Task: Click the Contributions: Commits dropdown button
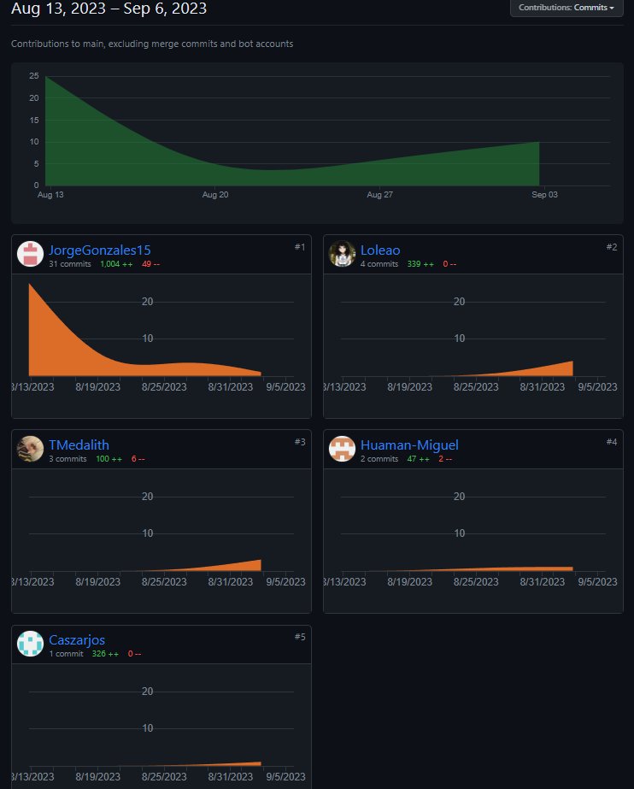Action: point(566,8)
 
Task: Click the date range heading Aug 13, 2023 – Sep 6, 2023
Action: point(109,9)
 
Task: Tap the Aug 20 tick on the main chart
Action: point(215,195)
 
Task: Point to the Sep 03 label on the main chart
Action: point(544,195)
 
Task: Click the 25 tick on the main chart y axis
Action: point(34,76)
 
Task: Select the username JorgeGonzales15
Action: point(100,250)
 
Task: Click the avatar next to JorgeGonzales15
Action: point(31,254)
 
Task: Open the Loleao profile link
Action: point(380,250)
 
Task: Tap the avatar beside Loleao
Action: point(343,254)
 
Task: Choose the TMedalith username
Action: point(79,445)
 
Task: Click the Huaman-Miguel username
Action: point(409,445)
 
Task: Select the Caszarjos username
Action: point(77,639)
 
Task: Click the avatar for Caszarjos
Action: point(31,644)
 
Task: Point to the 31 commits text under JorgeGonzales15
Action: point(69,264)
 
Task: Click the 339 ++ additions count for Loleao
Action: point(420,264)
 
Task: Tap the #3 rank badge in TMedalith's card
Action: point(300,442)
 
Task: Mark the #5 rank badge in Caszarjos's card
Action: point(300,637)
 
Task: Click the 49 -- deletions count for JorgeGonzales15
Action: point(150,264)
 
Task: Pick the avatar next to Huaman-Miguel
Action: point(343,449)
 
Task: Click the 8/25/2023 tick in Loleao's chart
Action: point(475,387)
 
